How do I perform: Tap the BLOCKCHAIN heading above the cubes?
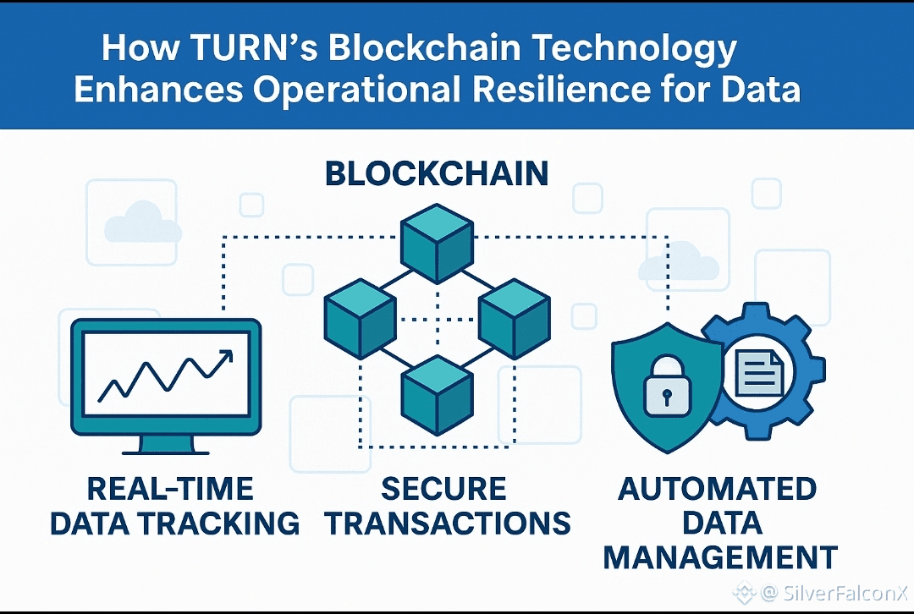437,174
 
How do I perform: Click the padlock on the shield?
667,389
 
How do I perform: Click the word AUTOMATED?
718,489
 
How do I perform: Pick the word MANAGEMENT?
720,557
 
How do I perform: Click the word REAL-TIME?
170,489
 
